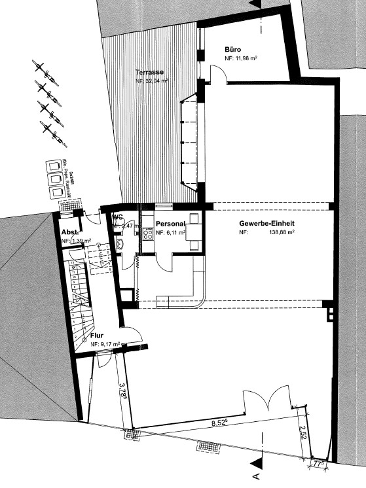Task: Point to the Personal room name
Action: pyautogui.click(x=172, y=224)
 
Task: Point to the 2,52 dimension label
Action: pyautogui.click(x=302, y=434)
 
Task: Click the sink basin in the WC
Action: pyautogui.click(x=121, y=244)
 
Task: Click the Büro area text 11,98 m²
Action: pyautogui.click(x=245, y=59)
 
